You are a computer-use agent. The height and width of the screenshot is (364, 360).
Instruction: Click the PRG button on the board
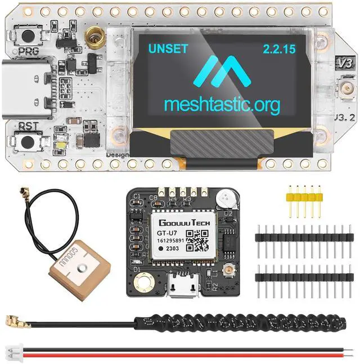26,36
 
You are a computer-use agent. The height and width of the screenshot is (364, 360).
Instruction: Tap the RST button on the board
26,141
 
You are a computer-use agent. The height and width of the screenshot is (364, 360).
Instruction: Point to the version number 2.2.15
278,49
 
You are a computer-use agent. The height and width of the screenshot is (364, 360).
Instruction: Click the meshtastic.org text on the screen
222,105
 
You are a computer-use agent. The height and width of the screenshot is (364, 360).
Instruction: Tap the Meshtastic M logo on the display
221,72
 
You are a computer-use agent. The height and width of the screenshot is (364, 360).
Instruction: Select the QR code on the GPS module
197,239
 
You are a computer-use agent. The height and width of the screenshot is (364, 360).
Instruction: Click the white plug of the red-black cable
12,348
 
